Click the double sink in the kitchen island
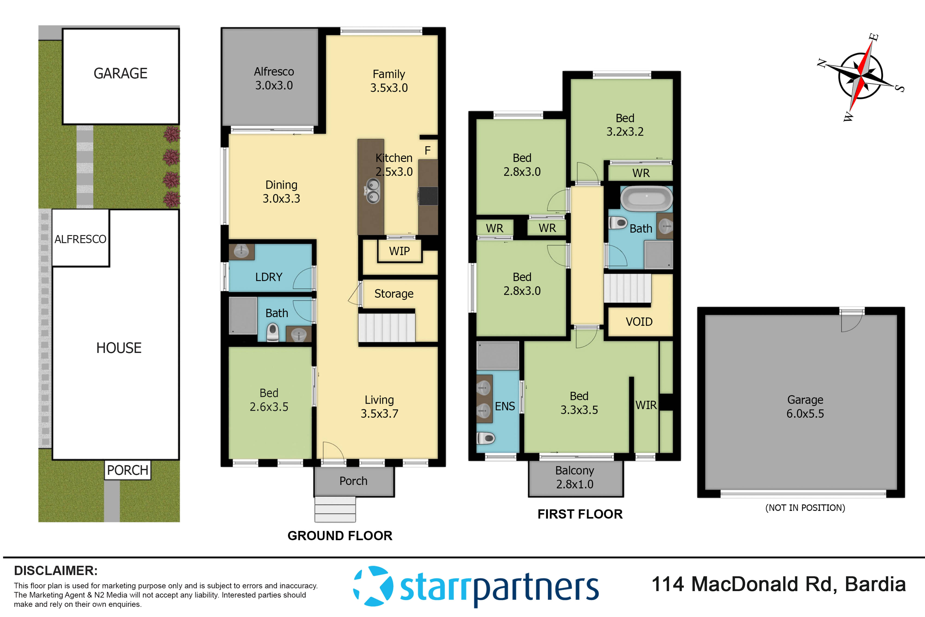point(373,190)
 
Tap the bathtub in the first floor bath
point(646,199)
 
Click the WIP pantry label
point(399,251)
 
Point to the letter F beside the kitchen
point(428,150)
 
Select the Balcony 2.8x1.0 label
point(575,477)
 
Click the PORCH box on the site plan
point(127,470)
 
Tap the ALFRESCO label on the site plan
point(80,239)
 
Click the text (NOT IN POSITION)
point(805,508)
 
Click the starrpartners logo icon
point(373,586)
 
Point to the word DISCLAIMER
point(56,570)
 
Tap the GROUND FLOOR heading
point(340,536)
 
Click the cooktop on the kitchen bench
point(428,195)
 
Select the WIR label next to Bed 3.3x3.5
point(646,405)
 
